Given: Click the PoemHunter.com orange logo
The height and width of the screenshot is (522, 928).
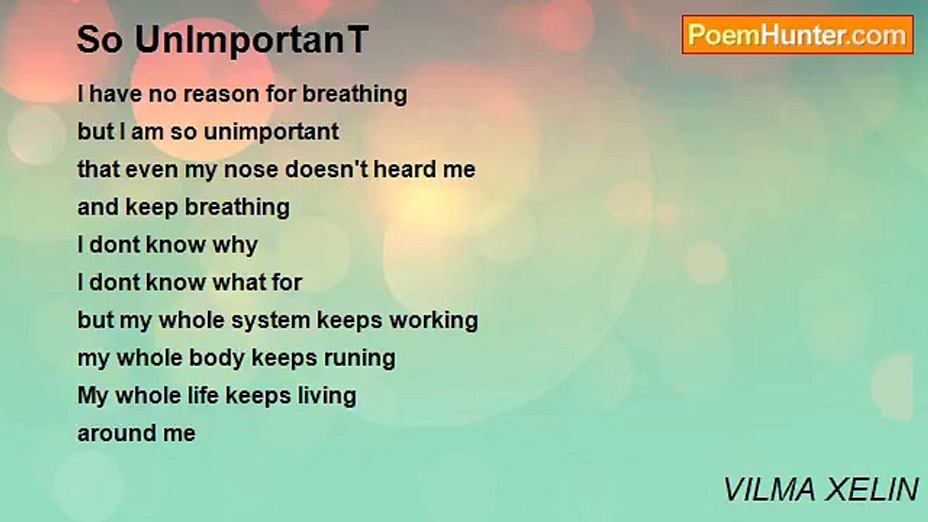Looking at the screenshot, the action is [x=797, y=35].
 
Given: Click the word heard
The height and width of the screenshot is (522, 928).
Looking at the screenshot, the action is [x=405, y=170].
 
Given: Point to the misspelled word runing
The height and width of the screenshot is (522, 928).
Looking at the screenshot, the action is [x=360, y=359].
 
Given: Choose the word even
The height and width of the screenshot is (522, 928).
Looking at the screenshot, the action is [x=152, y=170].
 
